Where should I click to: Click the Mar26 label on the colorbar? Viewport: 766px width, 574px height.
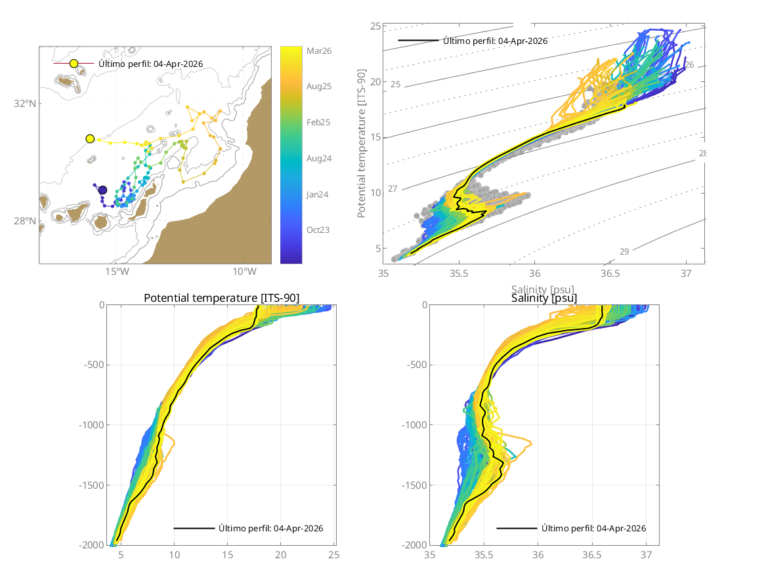coord(318,51)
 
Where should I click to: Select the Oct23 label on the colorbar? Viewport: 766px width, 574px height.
coord(318,230)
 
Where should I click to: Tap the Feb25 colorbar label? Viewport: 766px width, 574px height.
coord(318,122)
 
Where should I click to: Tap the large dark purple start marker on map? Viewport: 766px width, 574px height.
coord(102,190)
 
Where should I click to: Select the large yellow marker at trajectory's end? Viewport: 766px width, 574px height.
coord(90,138)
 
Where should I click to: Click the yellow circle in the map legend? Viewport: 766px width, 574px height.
coord(74,64)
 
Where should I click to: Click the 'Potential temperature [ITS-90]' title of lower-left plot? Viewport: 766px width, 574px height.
coord(221,298)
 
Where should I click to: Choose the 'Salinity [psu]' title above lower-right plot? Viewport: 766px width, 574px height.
coord(544,298)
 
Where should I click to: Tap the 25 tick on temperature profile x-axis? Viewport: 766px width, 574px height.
coord(333,555)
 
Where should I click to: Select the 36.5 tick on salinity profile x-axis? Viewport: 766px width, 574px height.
coord(592,555)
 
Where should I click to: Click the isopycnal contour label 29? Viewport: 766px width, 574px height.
coord(624,251)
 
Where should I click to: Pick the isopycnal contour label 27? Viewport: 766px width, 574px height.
coord(393,189)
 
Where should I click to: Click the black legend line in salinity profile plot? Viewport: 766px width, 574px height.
coord(517,528)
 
